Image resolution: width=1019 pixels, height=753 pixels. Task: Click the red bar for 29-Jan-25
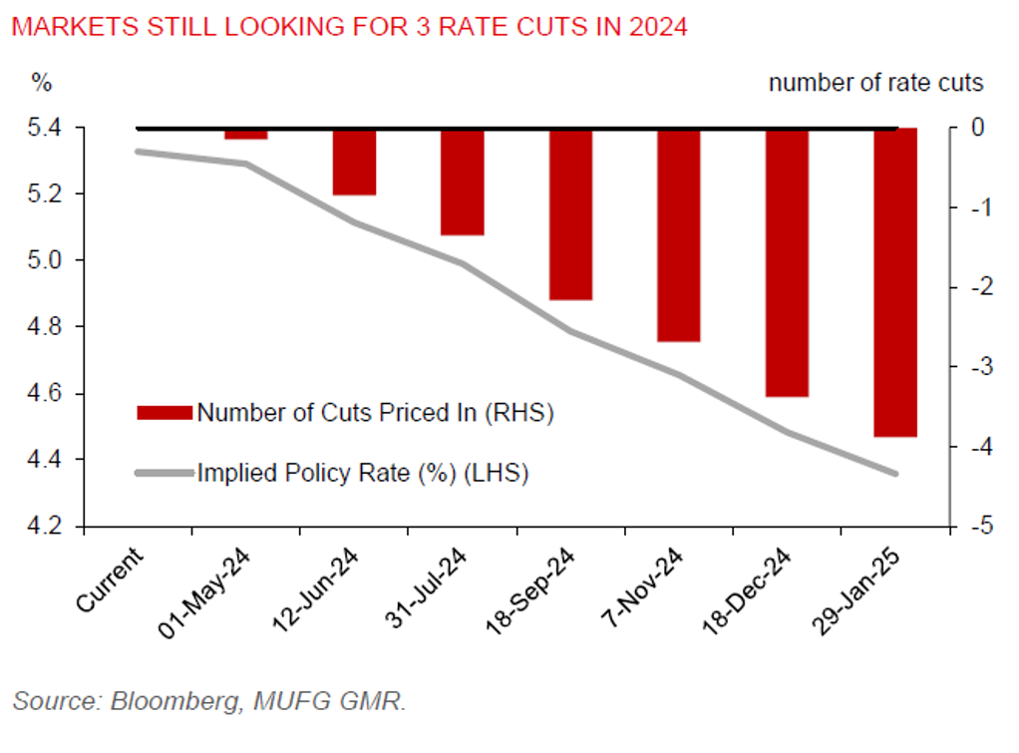pos(894,282)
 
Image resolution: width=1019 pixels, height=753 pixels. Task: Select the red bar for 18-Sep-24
pos(570,213)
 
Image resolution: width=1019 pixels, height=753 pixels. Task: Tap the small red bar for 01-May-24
pos(245,134)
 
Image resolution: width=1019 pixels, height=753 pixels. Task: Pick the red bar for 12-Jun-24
pos(354,162)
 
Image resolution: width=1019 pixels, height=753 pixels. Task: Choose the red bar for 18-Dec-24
pos(787,262)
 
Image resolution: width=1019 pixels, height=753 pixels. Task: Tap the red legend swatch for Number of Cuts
pos(165,412)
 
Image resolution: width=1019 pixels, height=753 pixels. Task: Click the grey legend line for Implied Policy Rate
pos(165,472)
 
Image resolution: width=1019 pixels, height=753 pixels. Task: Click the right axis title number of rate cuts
pos(875,83)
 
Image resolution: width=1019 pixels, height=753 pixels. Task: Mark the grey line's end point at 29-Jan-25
pos(894,473)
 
